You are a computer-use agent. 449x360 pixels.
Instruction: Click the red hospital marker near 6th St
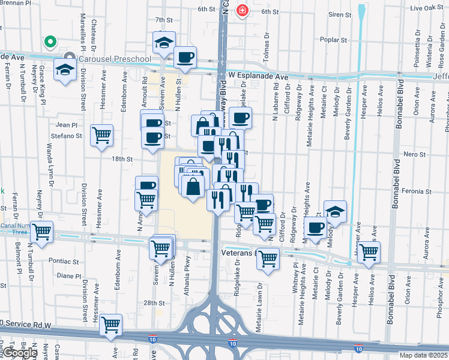(x=243, y=11)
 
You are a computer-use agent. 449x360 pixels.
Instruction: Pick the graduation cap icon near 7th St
(x=164, y=43)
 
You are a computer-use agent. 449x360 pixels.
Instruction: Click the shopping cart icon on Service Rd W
(x=110, y=325)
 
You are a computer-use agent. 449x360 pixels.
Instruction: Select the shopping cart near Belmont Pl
(x=41, y=232)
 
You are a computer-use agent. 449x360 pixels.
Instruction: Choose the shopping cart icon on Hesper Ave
(x=369, y=251)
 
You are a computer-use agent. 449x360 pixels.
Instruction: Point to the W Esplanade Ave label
(x=258, y=77)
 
